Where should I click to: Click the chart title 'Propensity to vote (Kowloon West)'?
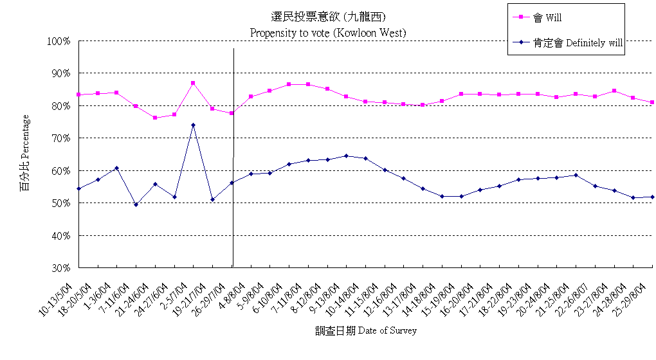click(328, 32)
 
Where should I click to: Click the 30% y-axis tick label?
click(60, 267)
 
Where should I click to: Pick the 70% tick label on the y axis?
click(60, 138)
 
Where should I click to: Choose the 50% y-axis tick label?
click(60, 203)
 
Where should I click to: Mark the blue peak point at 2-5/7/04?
click(193, 125)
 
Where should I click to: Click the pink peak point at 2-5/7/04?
click(193, 83)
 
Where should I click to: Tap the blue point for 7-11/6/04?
click(136, 204)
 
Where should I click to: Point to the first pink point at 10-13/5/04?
click(78, 94)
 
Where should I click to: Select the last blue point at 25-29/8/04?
click(652, 197)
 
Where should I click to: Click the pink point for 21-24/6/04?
click(155, 118)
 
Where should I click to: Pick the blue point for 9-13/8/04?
click(346, 156)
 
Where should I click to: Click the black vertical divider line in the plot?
click(233, 161)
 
